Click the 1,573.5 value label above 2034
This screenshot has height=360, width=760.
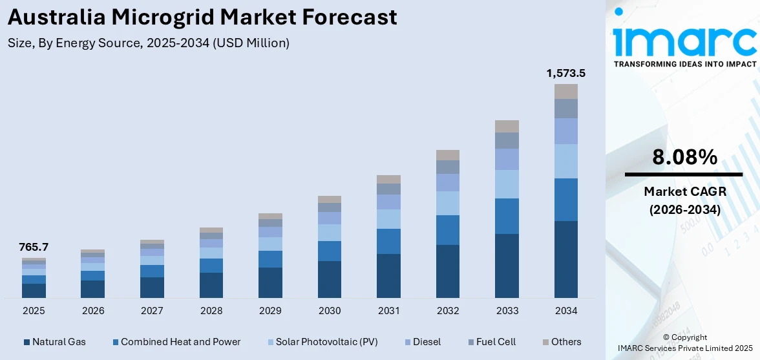pos(565,74)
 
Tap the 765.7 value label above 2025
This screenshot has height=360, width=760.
pos(34,247)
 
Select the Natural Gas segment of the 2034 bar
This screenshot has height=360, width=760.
pos(566,259)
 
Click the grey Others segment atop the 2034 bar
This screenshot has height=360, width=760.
pos(566,91)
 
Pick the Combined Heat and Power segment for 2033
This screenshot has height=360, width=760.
pos(507,216)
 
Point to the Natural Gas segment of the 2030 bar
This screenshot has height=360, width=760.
pos(330,279)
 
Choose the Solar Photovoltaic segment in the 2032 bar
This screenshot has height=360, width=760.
pos(448,203)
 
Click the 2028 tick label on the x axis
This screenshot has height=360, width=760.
pos(211,311)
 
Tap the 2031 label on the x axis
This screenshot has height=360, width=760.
pos(388,311)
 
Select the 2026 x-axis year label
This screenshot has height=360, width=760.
pos(93,311)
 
